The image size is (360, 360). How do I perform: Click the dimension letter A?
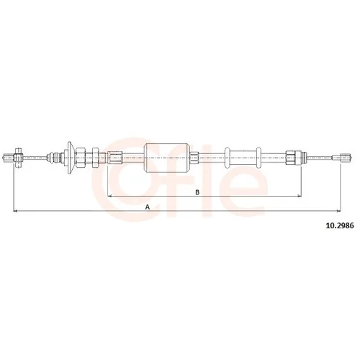[x=148, y=207]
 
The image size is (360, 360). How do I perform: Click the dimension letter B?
[x=197, y=192]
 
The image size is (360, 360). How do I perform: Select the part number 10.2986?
[x=340, y=225]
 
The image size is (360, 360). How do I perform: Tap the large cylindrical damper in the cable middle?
[x=167, y=158]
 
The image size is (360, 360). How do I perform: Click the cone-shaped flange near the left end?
[x=70, y=158]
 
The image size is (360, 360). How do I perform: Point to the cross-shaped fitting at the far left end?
[x=17, y=158]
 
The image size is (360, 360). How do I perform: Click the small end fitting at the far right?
[x=342, y=158]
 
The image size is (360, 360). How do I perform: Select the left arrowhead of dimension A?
[x=15, y=211]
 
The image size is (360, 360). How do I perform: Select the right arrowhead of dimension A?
[x=338, y=211]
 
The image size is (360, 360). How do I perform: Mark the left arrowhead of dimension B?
[x=109, y=196]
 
